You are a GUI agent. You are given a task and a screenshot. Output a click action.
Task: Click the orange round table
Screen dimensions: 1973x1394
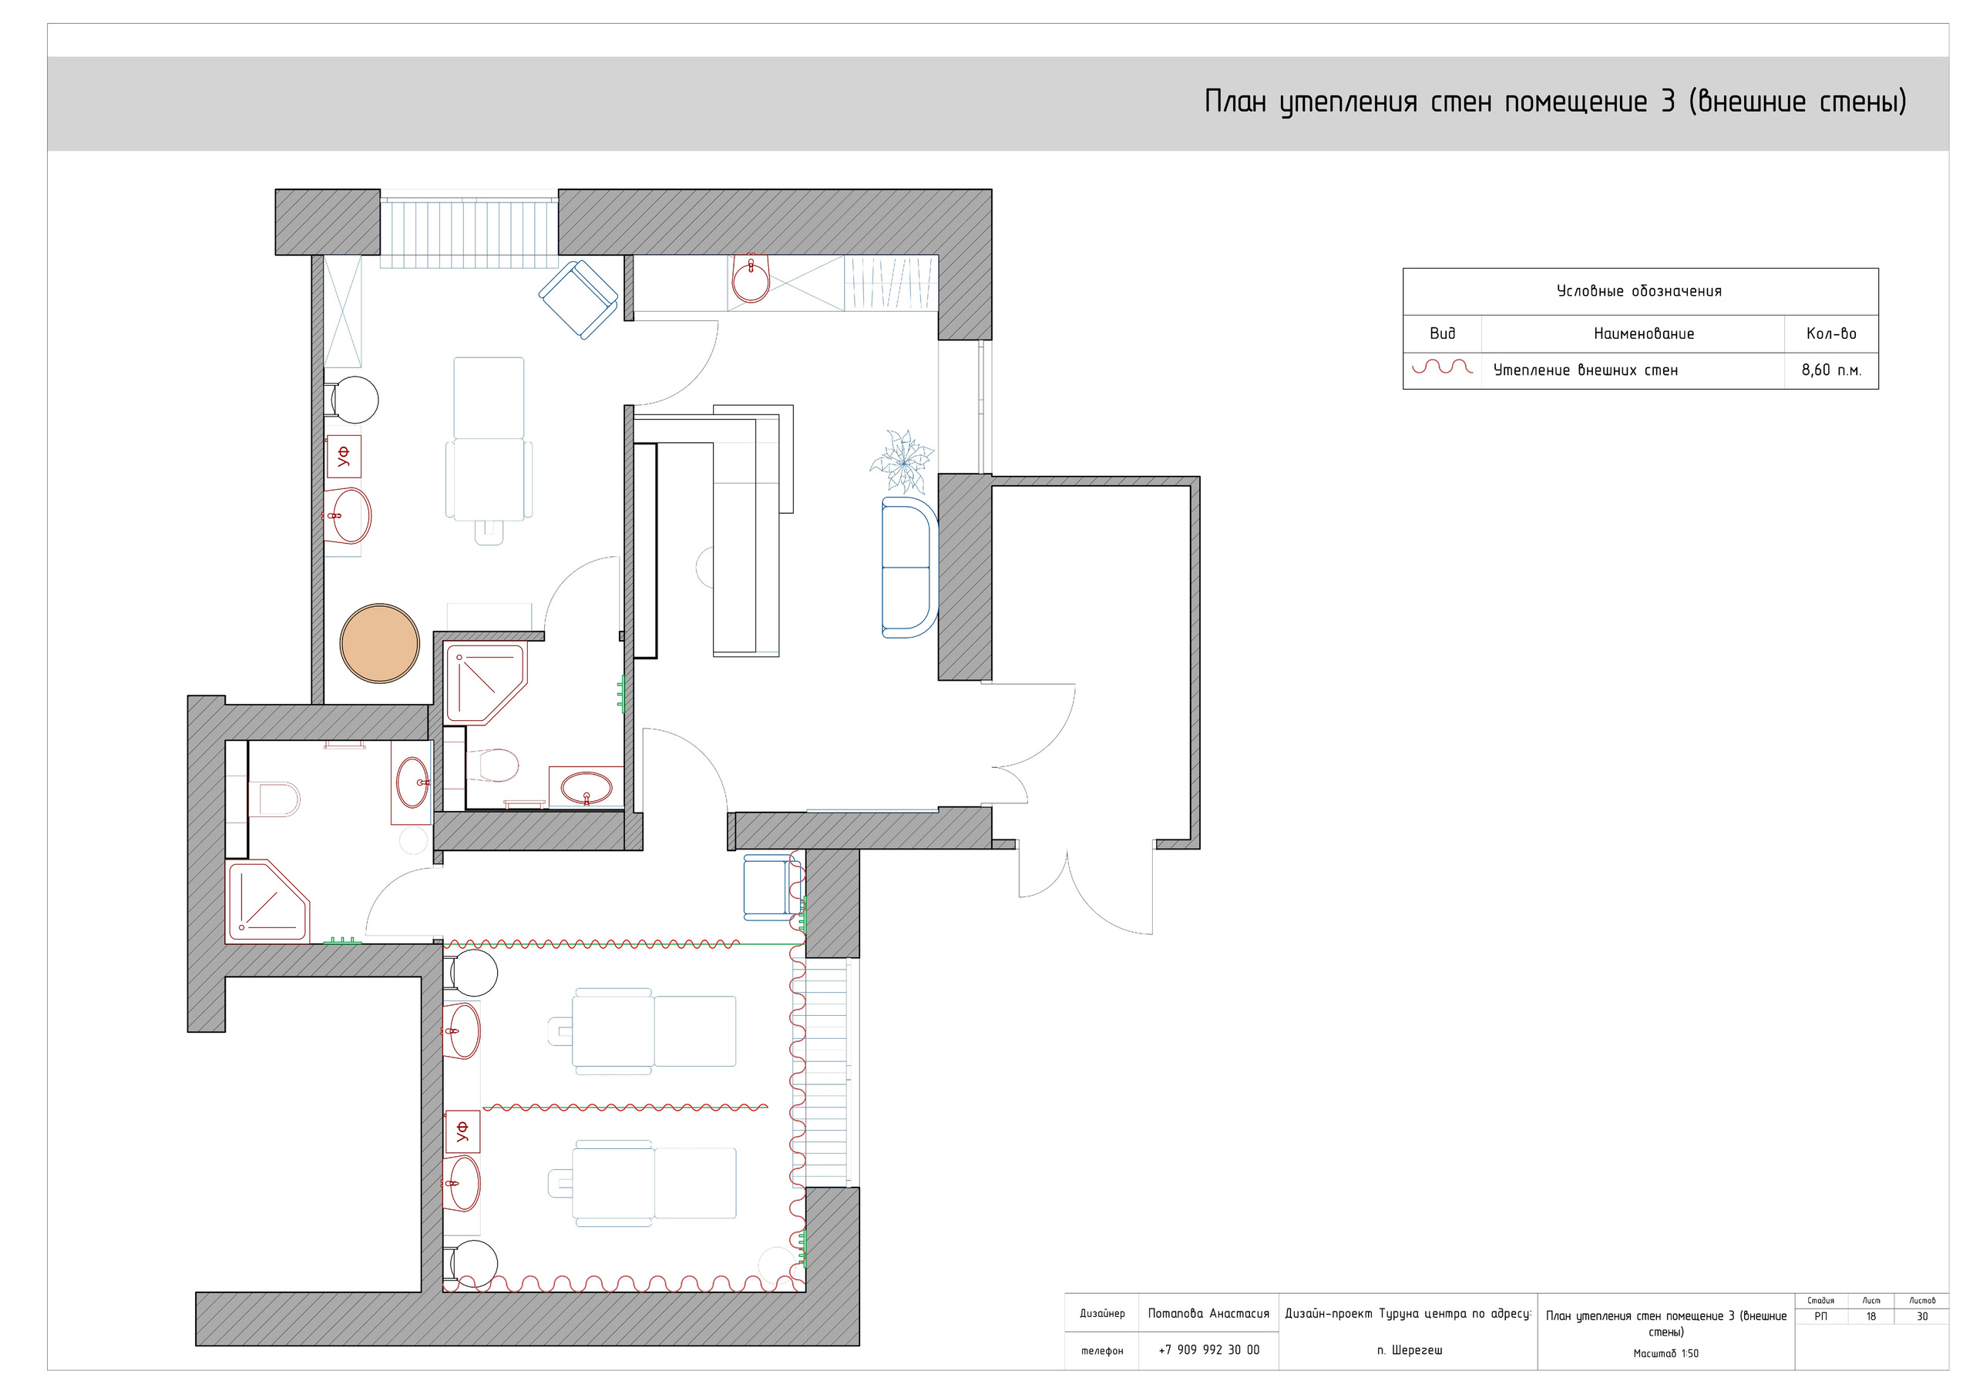pos(380,643)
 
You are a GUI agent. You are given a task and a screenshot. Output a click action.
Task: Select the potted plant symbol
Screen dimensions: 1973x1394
pos(902,462)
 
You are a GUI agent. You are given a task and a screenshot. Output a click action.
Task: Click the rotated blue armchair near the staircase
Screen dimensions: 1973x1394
pos(578,299)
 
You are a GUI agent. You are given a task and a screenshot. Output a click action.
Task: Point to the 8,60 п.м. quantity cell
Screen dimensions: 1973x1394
pos(1831,370)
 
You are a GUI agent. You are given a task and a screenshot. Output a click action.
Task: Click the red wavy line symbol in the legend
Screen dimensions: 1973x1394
pos(1442,367)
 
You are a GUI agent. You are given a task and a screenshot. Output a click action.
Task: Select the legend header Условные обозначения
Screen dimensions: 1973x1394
pos(1639,291)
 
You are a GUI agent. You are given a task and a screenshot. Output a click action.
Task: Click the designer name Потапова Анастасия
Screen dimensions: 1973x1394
pos(1208,1313)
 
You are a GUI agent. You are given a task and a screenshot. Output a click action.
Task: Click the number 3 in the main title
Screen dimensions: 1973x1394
pos(1667,102)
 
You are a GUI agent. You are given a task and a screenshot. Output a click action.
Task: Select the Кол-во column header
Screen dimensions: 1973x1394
pos(1831,333)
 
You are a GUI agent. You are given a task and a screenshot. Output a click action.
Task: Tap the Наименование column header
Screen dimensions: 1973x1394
pos(1644,333)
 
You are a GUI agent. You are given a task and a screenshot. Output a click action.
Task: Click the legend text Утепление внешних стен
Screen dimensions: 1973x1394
pos(1585,370)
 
